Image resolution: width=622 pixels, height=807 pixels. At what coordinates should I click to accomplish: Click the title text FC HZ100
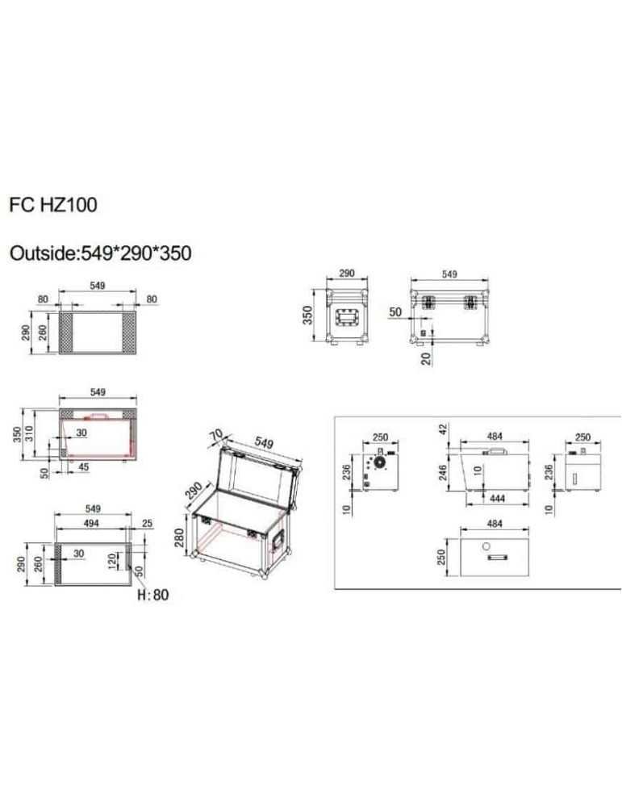tap(53, 205)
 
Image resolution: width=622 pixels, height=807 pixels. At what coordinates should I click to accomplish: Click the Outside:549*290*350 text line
tap(101, 253)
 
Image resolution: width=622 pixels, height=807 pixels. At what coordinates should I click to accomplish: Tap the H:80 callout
tap(153, 595)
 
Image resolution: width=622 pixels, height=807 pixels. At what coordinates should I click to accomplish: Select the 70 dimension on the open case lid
tap(216, 436)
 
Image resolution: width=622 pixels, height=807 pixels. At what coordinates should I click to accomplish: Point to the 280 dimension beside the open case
tap(180, 537)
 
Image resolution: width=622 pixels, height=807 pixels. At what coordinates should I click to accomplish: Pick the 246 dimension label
tap(443, 470)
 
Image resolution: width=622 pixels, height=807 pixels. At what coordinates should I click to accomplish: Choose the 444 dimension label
tap(497, 498)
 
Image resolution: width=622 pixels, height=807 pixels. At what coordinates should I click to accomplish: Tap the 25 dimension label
tap(147, 524)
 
